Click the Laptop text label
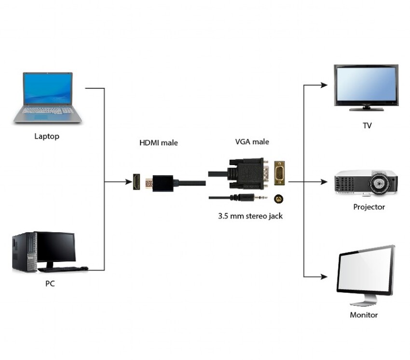pos(47,136)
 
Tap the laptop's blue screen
pos(48,89)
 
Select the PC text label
pos(50,284)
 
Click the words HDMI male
pos(159,143)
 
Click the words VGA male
pos(252,142)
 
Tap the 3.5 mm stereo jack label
pos(250,216)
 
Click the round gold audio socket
pos(278,198)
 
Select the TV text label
pos(367,125)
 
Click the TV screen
pos(367,84)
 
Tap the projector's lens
pos(379,184)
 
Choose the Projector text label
pos(369,207)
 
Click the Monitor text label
pos(364,315)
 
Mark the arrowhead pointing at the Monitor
pos(324,277)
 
